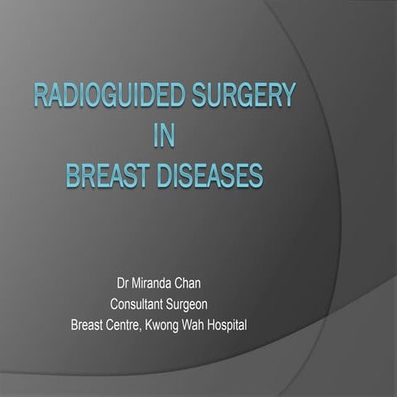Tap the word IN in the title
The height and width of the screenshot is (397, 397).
(x=165, y=138)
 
